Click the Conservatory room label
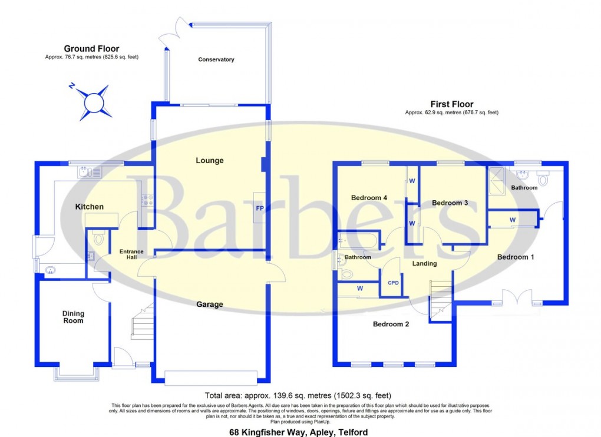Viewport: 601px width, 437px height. (216, 59)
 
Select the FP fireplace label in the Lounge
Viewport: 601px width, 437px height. (259, 208)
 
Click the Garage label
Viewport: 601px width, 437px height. (210, 304)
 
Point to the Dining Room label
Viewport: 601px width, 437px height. (74, 317)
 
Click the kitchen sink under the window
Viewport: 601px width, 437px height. (90, 172)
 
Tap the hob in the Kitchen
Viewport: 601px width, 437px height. (147, 200)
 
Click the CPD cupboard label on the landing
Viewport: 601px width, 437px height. (393, 283)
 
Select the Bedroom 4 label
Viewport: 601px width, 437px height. (369, 198)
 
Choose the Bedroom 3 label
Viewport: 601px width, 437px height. (450, 203)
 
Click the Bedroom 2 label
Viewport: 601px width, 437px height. (391, 324)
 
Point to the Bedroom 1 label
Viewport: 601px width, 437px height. (516, 257)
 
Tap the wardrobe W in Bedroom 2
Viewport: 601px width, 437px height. (359, 289)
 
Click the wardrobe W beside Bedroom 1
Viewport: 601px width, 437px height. (513, 220)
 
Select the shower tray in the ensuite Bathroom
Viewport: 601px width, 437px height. (495, 176)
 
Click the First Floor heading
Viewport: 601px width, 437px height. (452, 104)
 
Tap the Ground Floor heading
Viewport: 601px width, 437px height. (91, 49)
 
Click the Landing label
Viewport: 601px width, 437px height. (424, 263)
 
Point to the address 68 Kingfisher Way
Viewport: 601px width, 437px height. (298, 432)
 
